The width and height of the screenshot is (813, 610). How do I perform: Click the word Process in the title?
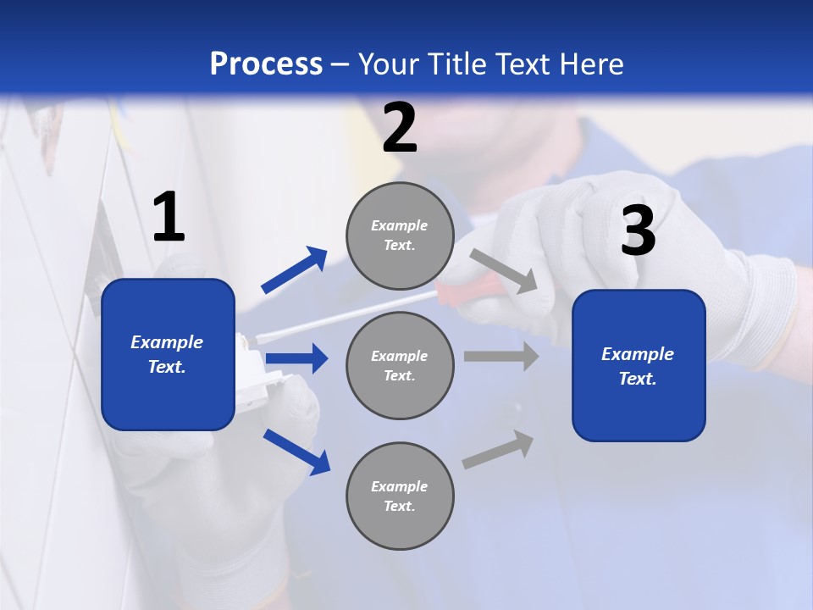(266, 64)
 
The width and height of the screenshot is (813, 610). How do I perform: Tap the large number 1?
(169, 218)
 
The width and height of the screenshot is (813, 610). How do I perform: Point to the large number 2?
(400, 128)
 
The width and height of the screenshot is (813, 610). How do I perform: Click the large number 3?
(638, 231)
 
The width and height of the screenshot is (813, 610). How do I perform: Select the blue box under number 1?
(168, 354)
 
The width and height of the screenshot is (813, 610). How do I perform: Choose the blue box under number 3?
(639, 366)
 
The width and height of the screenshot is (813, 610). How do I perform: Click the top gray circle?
(400, 236)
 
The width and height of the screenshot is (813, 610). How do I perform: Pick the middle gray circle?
(400, 366)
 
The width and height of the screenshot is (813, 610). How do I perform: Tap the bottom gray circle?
(400, 496)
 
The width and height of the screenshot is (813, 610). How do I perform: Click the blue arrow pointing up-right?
(294, 270)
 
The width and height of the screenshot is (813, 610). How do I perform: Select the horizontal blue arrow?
(296, 358)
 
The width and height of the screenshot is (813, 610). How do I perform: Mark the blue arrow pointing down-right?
(296, 452)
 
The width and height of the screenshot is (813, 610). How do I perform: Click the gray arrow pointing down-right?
(504, 271)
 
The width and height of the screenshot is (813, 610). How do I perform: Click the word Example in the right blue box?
(638, 354)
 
